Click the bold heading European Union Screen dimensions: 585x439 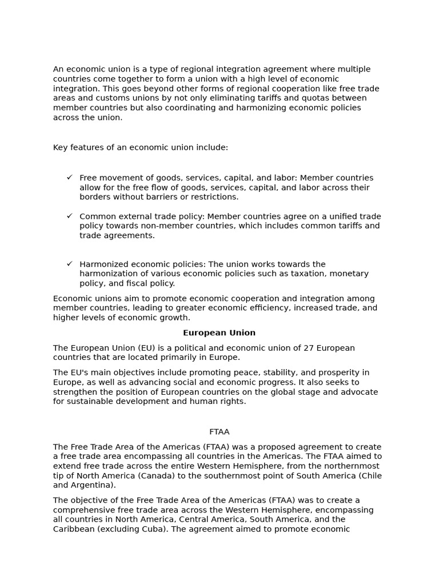219,332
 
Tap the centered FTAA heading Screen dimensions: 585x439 219,432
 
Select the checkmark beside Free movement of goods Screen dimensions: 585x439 69,178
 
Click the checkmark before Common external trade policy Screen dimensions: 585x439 69,216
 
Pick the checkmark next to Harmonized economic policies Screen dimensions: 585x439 69,264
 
